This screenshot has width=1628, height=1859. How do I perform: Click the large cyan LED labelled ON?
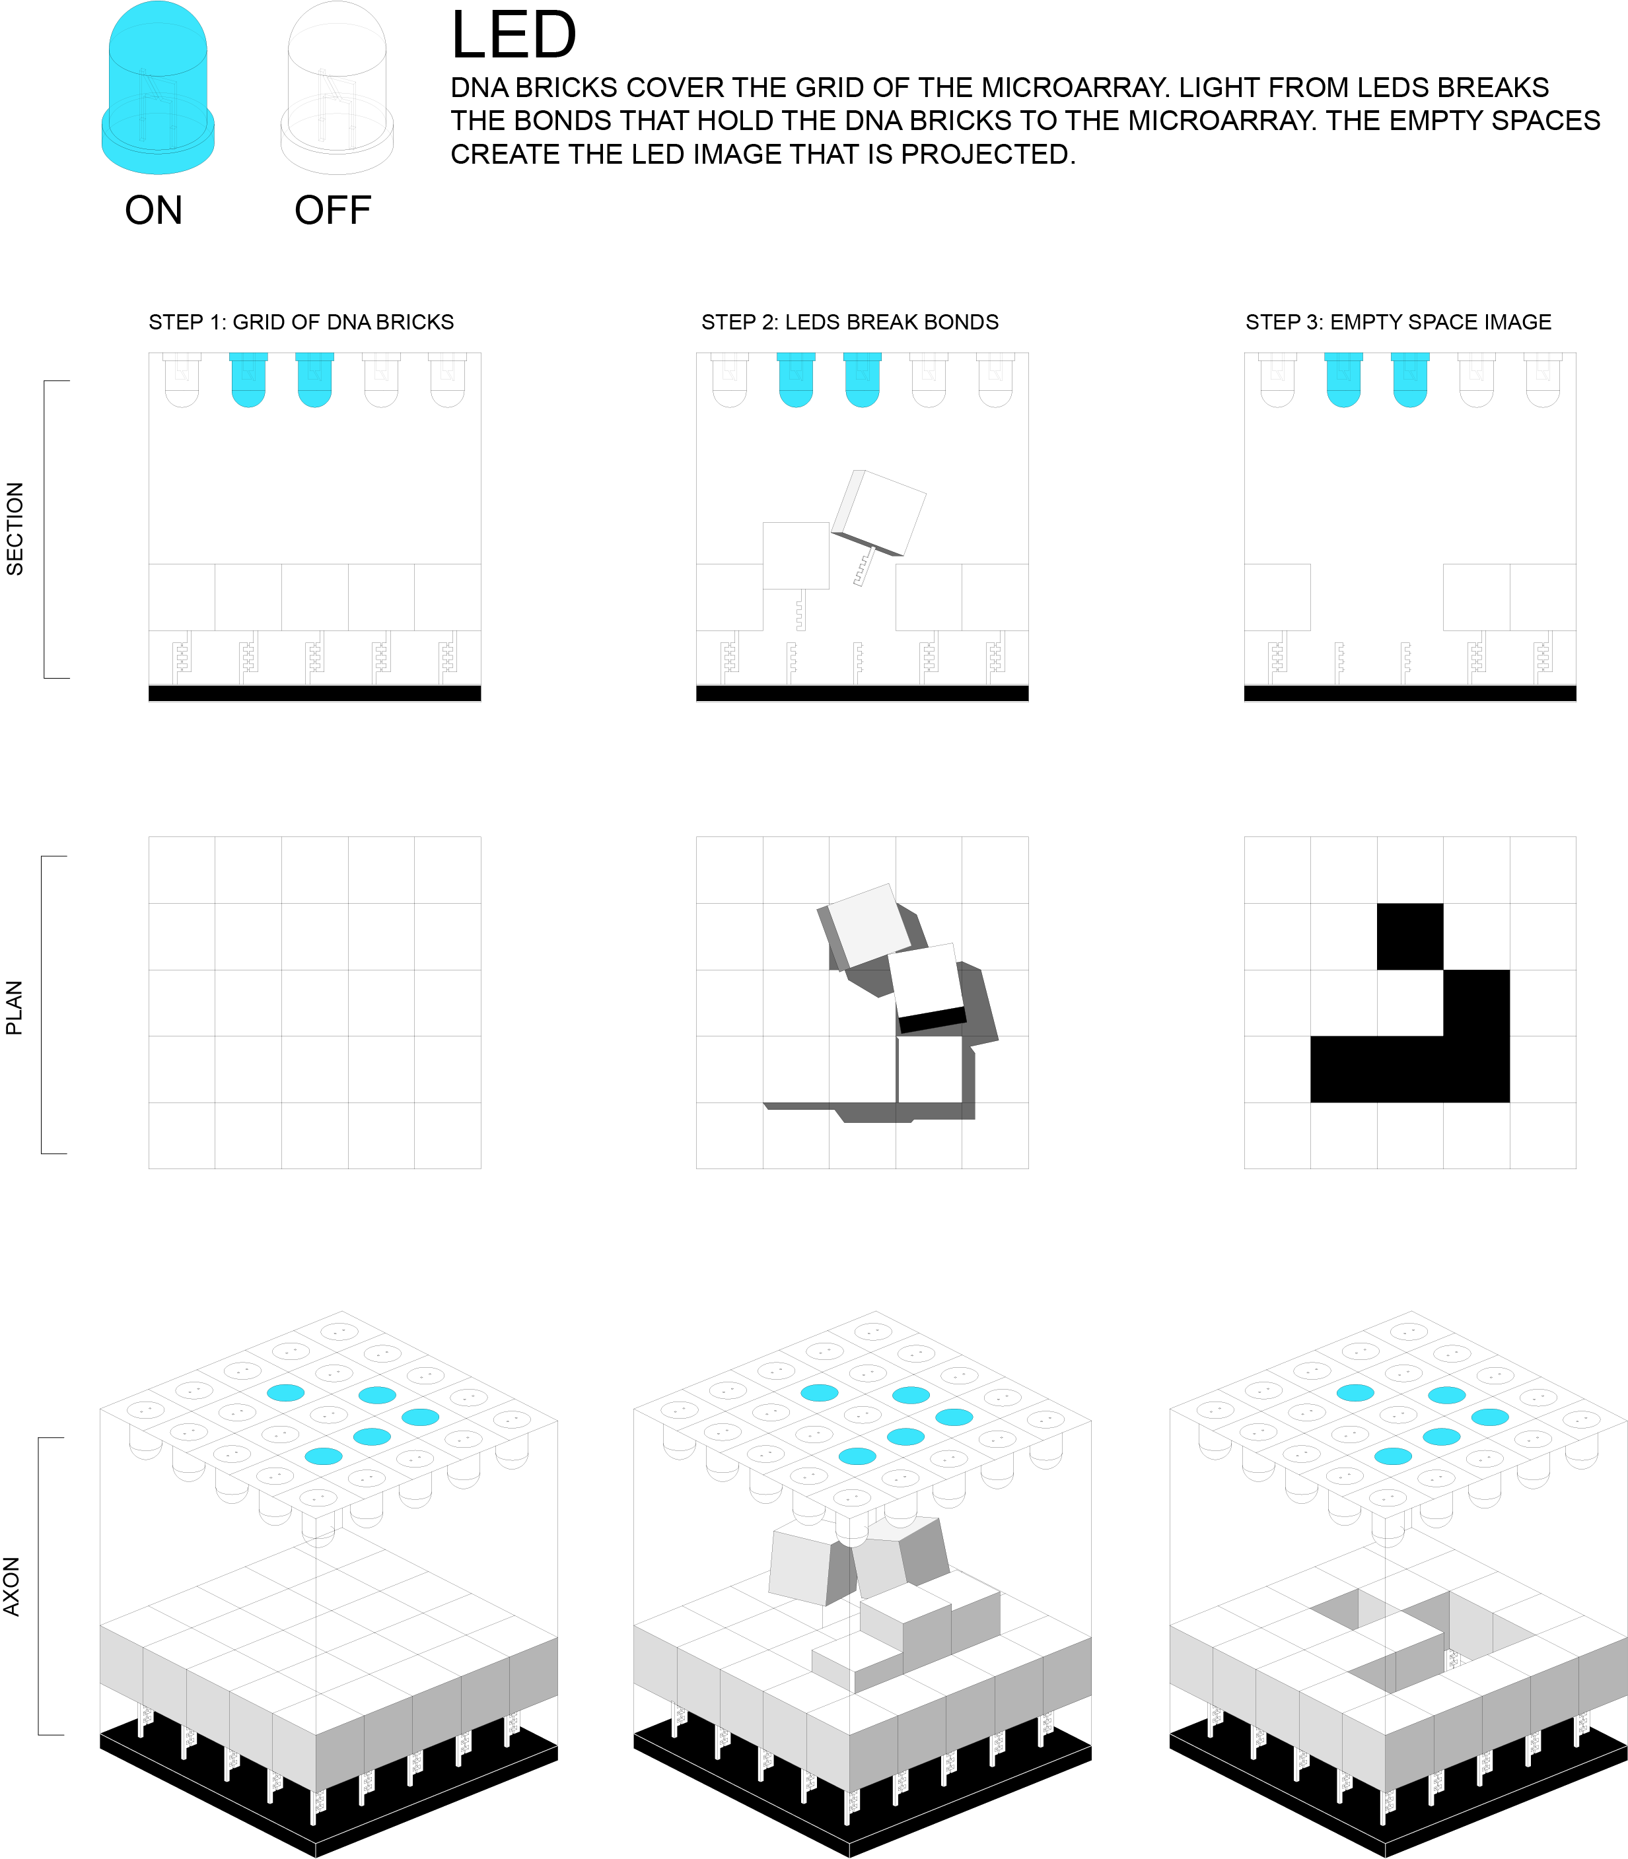click(158, 88)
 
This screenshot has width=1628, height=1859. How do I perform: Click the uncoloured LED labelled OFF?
click(337, 88)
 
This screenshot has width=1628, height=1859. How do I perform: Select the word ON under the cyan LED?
click(153, 211)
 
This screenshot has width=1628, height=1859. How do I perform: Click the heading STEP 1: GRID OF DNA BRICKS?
click(301, 322)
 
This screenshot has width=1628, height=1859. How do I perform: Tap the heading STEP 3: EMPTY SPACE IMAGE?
click(1398, 322)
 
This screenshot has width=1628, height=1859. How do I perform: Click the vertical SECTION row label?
click(15, 529)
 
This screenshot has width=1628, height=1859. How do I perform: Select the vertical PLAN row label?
click(15, 1008)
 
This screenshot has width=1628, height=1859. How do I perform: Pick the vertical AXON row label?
click(12, 1586)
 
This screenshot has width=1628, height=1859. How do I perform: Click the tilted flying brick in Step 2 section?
click(880, 512)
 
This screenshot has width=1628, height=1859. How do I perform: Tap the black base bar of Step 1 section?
click(314, 693)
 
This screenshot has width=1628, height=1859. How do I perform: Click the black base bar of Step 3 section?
click(1410, 693)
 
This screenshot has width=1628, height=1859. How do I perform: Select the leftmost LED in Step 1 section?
click(182, 380)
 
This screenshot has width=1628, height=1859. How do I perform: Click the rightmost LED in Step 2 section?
click(996, 380)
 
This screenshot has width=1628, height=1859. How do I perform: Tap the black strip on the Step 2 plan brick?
click(932, 1020)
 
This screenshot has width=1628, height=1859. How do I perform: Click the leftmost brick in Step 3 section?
click(1277, 597)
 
